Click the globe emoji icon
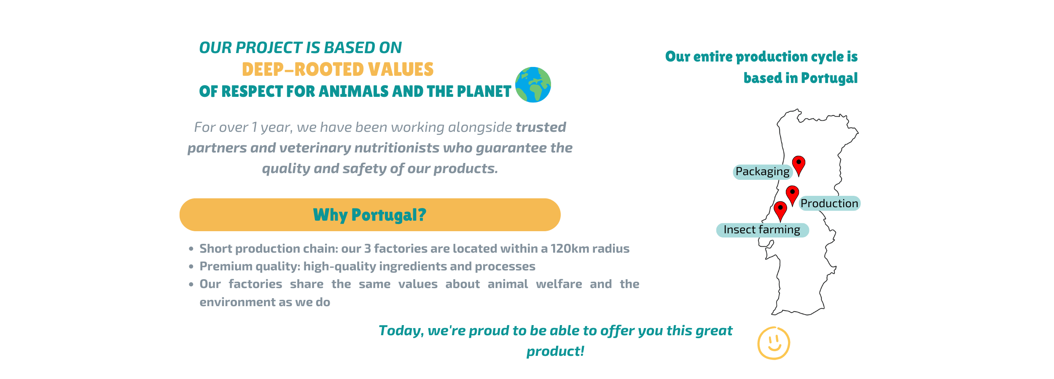(533, 85)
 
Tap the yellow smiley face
(774, 343)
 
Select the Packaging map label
(763, 172)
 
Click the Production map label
(829, 203)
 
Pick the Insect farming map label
(762, 230)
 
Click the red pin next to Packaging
(799, 166)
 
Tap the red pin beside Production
(792, 196)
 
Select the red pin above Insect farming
(780, 211)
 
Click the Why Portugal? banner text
(370, 215)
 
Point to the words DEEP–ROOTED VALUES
(338, 69)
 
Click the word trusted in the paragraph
(541, 127)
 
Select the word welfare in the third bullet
(559, 284)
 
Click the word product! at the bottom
(555, 352)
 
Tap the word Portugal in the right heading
(829, 78)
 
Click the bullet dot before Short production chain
(191, 249)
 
